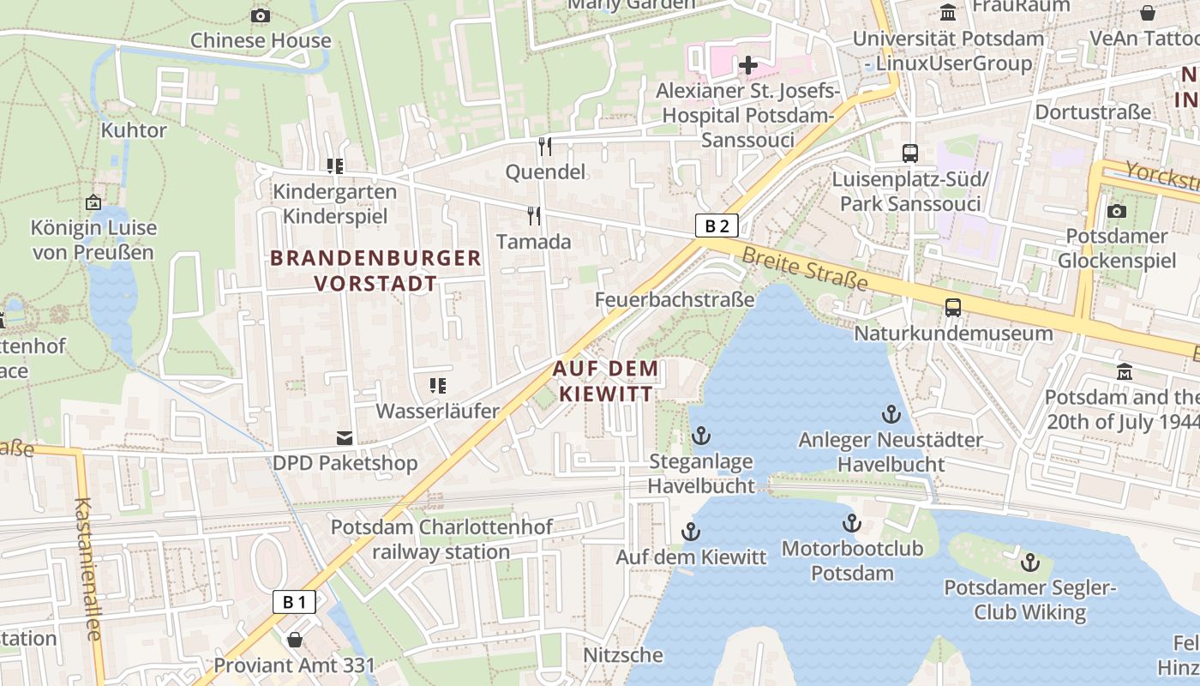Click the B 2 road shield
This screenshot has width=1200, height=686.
point(717,226)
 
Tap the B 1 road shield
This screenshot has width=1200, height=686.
point(294,602)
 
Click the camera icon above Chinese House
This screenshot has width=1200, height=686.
point(261,15)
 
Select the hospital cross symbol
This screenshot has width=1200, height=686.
point(748,64)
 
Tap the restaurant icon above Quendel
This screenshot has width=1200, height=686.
point(545,146)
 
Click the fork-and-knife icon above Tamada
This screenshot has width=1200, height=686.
point(534,215)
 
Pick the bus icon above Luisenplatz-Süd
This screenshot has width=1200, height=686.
point(910,153)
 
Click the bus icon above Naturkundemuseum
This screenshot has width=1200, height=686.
point(952,307)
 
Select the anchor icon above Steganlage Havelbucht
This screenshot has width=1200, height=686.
point(700,436)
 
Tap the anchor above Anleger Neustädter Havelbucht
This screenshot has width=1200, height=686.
point(891,414)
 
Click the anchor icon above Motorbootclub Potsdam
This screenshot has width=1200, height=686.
point(851,522)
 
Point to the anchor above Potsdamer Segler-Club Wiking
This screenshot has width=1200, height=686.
point(1029,563)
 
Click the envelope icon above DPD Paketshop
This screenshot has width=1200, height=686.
point(345,438)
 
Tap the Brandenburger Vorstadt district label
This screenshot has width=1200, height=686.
point(375,270)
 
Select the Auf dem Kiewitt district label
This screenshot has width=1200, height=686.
point(606,381)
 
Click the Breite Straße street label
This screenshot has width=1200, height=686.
point(805,268)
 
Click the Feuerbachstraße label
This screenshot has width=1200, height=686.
point(675,299)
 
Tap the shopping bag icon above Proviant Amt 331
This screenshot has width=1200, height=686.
point(295,640)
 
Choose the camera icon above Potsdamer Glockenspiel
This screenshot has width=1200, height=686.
point(1116,211)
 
